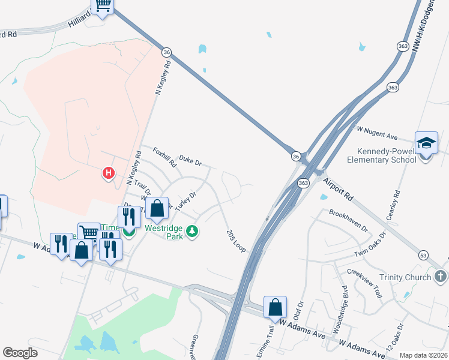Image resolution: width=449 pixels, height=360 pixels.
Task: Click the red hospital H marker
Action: point(109,174)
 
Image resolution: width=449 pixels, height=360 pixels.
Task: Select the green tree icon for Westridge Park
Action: point(192,231)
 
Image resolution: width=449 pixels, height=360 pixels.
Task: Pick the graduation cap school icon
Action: point(426,143)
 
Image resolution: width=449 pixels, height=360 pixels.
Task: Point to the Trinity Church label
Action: point(405,277)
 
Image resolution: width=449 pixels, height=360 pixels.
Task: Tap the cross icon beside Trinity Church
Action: point(440,277)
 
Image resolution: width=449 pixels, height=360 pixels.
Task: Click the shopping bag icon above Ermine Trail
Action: point(275,307)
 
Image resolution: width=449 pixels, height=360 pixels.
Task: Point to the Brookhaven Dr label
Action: point(348,220)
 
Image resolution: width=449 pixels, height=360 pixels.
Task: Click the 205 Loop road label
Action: point(236,241)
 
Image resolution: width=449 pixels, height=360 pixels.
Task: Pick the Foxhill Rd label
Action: point(164,157)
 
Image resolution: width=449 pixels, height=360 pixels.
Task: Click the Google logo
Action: point(20,352)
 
